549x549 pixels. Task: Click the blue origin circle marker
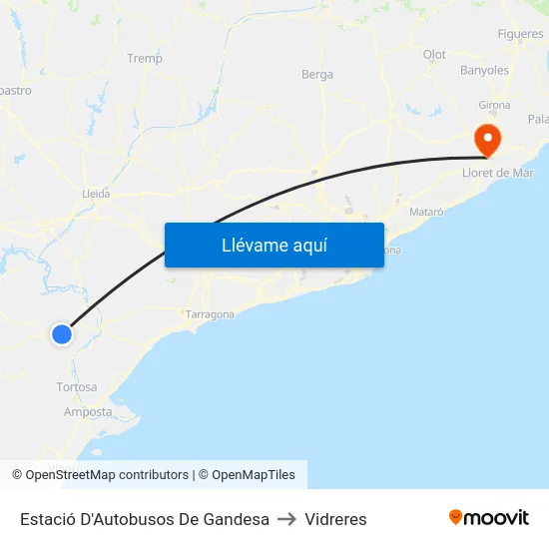(62, 334)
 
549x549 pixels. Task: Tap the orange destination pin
(488, 141)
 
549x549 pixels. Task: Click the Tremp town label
(145, 59)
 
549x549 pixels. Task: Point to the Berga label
(317, 74)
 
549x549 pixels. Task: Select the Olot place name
(434, 55)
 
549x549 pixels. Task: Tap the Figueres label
(520, 34)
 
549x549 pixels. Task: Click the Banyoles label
(484, 71)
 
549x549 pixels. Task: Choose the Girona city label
(494, 105)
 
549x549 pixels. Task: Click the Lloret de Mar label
(498, 173)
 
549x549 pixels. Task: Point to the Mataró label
(426, 213)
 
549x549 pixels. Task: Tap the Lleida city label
(95, 194)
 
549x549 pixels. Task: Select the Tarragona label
(210, 314)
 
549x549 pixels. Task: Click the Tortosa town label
(77, 387)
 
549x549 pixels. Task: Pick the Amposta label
(88, 411)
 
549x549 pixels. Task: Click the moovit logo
(489, 518)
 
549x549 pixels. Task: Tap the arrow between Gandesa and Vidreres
(286, 519)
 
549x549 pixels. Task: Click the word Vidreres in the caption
(335, 519)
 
